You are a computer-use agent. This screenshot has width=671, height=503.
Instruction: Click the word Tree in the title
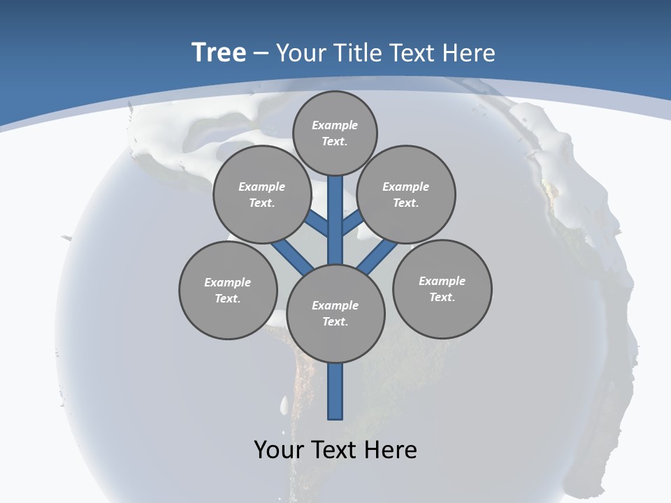point(219,52)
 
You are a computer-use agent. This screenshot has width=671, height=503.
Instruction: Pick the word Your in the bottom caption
point(280,450)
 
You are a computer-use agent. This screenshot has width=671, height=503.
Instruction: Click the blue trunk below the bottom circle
point(335,391)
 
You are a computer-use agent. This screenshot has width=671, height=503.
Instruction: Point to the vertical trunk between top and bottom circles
point(335,224)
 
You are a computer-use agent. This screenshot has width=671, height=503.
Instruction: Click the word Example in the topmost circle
point(335,125)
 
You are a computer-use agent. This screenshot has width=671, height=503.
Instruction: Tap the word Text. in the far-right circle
point(442,297)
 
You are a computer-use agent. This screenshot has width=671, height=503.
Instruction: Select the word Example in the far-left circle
point(227,282)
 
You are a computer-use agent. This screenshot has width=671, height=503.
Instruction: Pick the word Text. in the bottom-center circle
point(335,321)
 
